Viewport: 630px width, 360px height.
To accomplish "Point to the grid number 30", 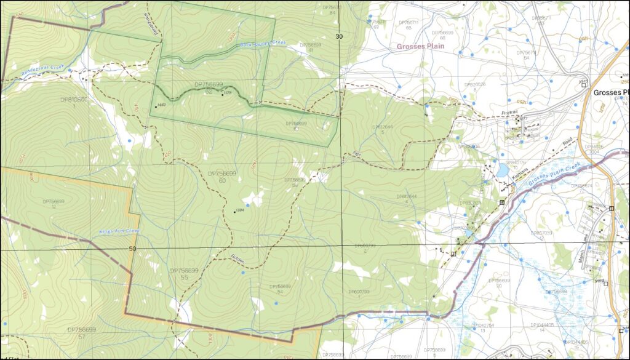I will click(339, 36).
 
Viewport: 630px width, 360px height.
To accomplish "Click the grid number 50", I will click(132, 249).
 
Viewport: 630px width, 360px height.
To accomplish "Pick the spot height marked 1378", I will click(227, 94).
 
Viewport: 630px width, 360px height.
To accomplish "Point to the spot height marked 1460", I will click(162, 106).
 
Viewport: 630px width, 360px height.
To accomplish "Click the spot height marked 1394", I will click(241, 210).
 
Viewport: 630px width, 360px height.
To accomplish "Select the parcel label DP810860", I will click(74, 99).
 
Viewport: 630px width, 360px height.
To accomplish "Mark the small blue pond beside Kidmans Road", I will click(503, 170).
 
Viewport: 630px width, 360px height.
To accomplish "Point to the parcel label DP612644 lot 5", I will click(383, 129).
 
